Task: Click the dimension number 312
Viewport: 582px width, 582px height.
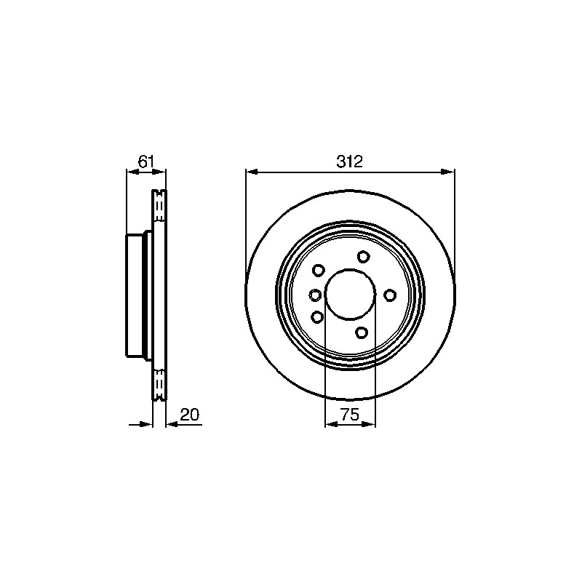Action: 349,162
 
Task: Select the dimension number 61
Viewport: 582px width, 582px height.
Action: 145,162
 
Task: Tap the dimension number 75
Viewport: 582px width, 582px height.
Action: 350,415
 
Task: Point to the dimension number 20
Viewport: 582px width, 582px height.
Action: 189,414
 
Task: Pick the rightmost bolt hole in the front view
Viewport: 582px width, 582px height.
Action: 390,295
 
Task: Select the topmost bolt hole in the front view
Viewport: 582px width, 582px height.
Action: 363,257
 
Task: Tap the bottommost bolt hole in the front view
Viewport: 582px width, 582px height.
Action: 361,332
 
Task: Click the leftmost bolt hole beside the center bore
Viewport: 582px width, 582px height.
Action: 315,295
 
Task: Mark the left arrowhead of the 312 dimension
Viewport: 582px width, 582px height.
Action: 252,172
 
